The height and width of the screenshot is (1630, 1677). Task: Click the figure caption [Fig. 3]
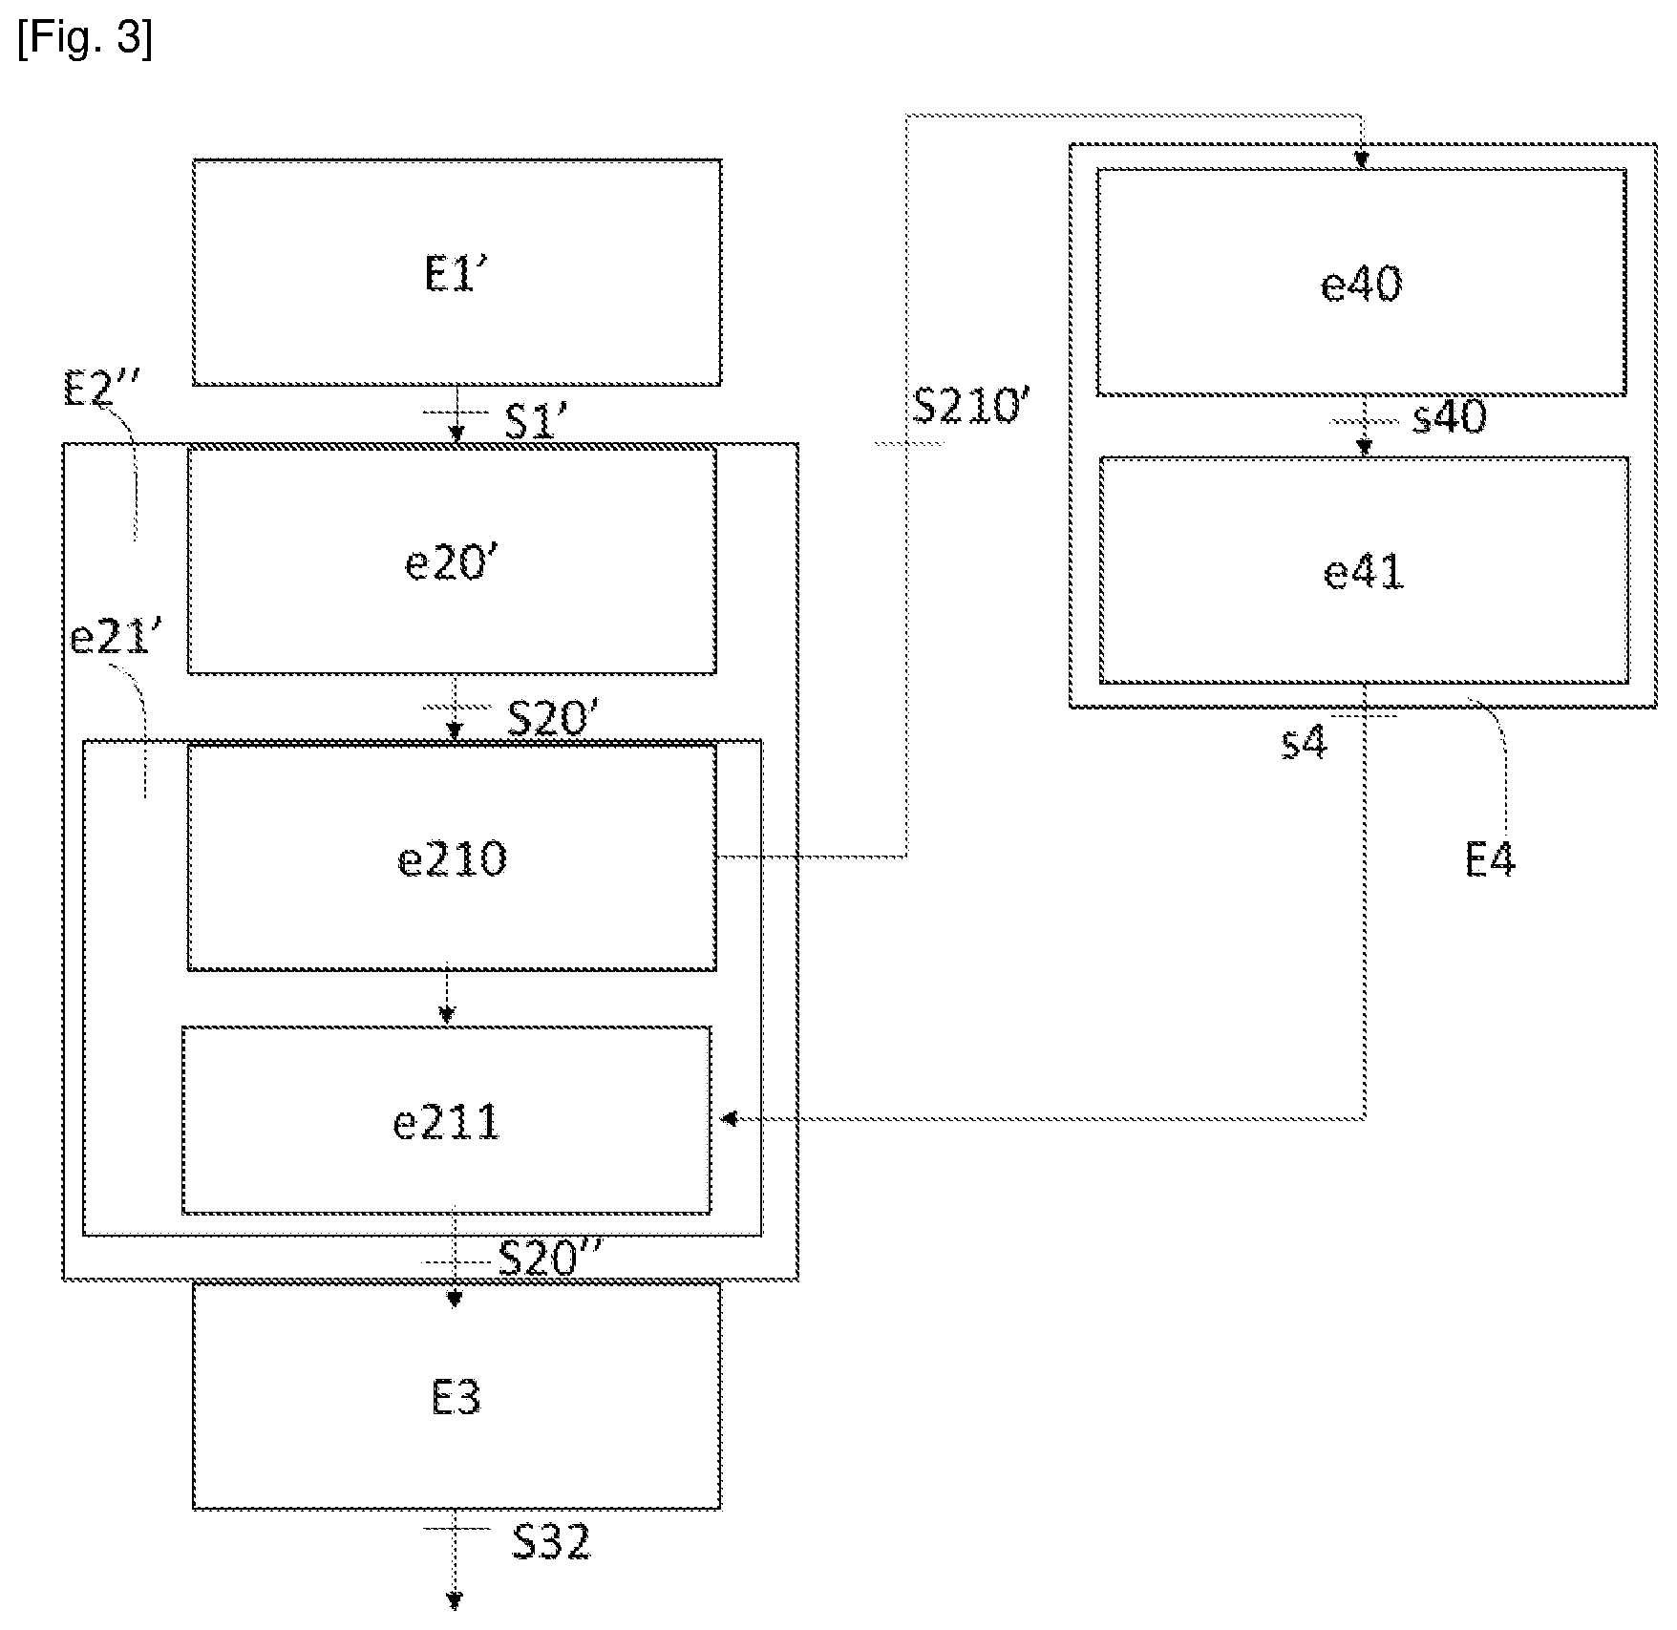pos(84,40)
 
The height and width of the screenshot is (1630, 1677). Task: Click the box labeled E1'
pos(456,273)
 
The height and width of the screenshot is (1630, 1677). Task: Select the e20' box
pos(452,561)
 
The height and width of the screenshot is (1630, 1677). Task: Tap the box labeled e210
pos(452,857)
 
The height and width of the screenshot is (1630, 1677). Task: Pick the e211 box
pos(446,1120)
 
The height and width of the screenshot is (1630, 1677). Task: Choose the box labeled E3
pos(456,1396)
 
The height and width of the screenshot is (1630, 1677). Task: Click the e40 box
pos(1361,283)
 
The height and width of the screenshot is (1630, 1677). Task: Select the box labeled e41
pos(1364,571)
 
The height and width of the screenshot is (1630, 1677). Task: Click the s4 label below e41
pos(1305,741)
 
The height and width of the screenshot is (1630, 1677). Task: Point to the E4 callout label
pos(1490,860)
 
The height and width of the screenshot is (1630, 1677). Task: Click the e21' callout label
pos(111,637)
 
